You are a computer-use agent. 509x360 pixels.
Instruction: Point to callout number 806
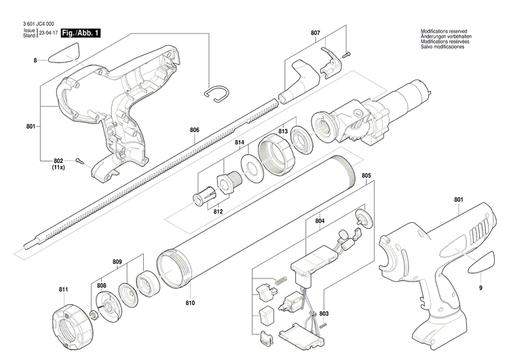point(195,130)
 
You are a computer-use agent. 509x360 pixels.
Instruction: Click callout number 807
point(316,33)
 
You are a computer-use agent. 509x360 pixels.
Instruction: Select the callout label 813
point(283,130)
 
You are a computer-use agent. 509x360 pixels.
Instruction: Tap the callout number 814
point(240,143)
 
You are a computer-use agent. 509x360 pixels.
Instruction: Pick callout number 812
point(219,211)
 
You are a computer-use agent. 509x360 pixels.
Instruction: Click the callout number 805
point(366,176)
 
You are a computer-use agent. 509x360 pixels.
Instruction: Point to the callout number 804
point(320,221)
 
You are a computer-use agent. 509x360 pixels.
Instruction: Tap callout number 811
point(63,290)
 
